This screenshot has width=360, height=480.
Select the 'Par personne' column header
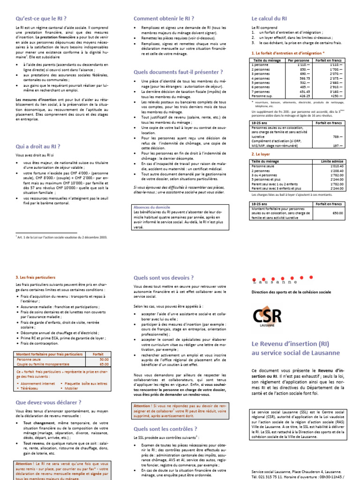[296, 60]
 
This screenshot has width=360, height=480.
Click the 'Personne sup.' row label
[262, 96]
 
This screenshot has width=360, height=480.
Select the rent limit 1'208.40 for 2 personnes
[337, 171]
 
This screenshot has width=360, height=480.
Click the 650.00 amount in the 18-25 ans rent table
[337, 213]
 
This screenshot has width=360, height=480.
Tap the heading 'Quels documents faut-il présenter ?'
[178, 72]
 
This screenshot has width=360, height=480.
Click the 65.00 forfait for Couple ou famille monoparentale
[104, 363]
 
